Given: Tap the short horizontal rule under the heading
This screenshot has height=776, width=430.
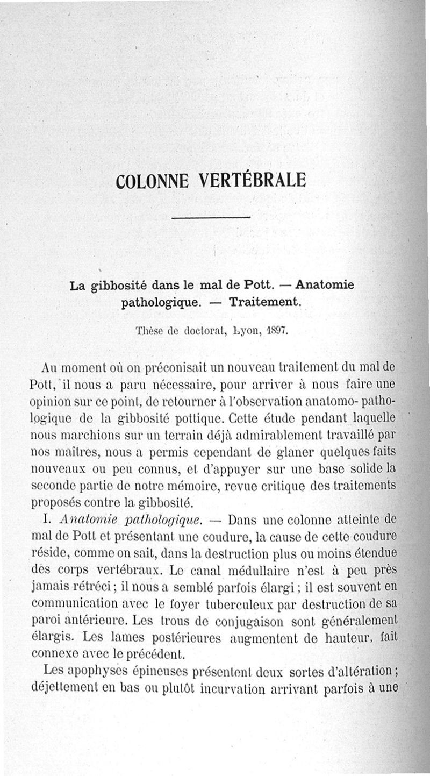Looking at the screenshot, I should coord(211,217).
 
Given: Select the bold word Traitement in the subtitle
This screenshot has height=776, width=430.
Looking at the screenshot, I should coord(264,302).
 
